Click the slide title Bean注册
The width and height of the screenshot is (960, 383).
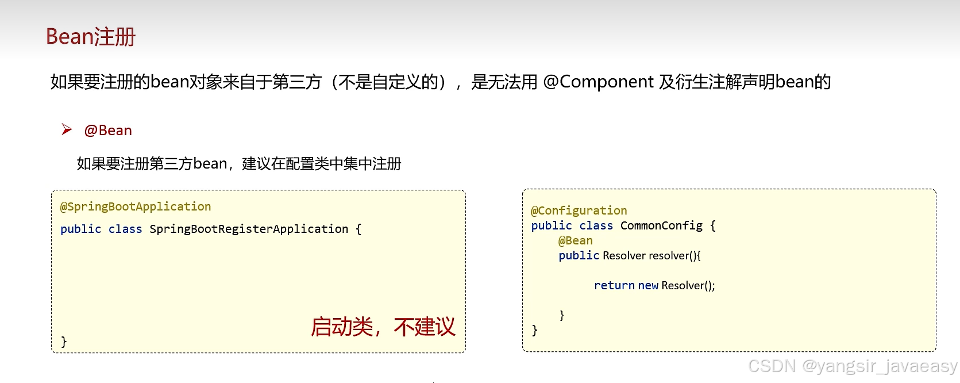(91, 37)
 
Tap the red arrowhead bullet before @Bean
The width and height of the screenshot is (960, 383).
(67, 130)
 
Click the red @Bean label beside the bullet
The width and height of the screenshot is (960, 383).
(108, 131)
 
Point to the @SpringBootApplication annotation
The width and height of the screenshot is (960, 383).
(136, 206)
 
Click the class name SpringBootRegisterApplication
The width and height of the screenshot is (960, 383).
(249, 229)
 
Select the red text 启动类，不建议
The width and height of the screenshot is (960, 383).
(383, 327)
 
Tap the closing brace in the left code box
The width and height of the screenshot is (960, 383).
(64, 341)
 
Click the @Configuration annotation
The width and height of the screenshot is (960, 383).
(579, 210)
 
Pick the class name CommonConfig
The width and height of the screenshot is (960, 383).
(661, 225)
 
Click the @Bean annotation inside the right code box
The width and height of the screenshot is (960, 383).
(576, 240)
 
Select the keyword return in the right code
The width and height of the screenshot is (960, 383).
(614, 285)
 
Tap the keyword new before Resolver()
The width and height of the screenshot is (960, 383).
(648, 285)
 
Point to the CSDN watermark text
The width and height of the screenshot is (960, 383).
(853, 366)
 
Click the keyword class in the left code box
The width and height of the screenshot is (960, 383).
(125, 229)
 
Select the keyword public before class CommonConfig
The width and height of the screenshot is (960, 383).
(552, 225)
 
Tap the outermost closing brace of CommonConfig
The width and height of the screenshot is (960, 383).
(535, 330)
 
